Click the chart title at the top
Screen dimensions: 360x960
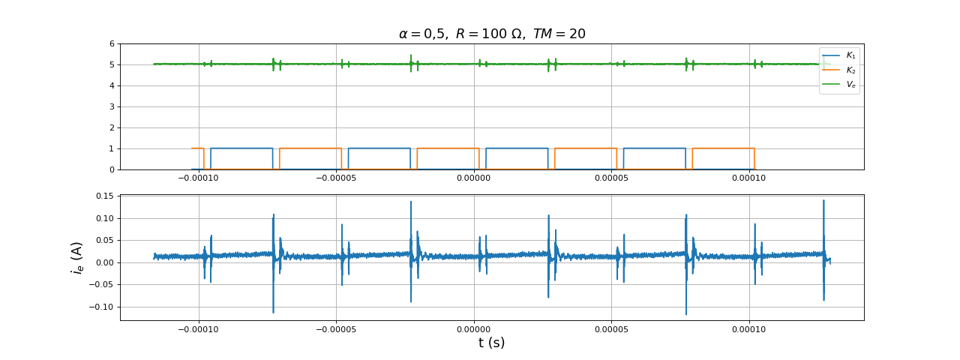click(491, 34)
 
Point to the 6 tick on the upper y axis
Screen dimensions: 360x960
click(112, 43)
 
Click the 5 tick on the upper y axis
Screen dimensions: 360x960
click(112, 64)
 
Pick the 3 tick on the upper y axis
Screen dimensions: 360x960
click(112, 106)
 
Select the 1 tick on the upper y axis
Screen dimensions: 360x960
click(112, 148)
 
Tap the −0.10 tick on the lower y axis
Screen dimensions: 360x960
click(101, 307)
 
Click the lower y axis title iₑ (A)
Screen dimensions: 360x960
click(77, 257)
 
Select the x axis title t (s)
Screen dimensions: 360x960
click(491, 343)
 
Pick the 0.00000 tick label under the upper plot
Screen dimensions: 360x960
click(473, 178)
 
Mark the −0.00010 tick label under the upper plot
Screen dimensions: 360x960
click(198, 178)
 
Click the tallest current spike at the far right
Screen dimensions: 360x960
click(823, 202)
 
